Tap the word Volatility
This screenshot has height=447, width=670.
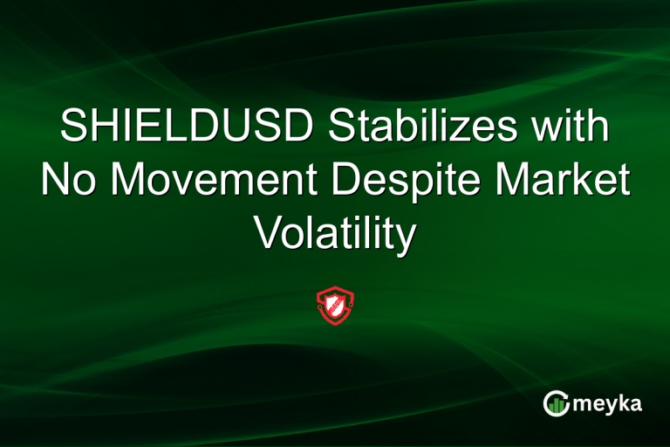pos(335,234)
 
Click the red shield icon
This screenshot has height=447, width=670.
pos(334,305)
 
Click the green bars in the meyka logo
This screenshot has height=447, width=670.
pos(556,403)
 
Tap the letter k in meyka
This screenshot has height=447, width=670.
pos(621,402)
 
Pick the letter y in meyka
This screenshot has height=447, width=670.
pos(607,406)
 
